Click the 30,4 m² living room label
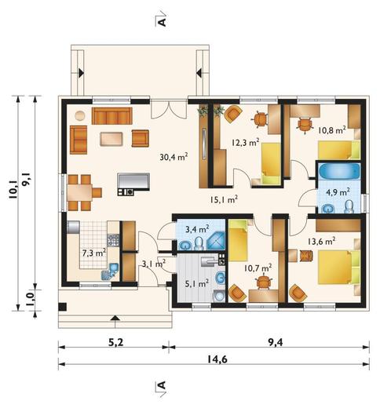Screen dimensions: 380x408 [174, 157]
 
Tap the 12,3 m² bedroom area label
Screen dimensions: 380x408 [246, 142]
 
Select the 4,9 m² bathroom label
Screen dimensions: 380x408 [338, 192]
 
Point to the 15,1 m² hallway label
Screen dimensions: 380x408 [224, 200]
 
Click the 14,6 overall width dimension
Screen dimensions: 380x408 [217, 359]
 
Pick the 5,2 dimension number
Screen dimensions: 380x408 [115, 342]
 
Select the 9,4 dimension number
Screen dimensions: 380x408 [276, 342]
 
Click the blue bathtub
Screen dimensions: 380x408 [339, 172]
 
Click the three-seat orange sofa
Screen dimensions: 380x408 [111, 115]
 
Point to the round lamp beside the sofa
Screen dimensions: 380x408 [80, 115]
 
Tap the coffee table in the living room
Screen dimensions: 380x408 [111, 139]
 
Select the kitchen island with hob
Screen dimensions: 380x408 [133, 184]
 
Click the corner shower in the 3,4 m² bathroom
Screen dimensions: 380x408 [216, 241]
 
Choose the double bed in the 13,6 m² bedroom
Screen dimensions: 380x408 [339, 268]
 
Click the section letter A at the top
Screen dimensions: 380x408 [163, 22]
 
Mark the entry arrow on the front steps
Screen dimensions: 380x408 [115, 318]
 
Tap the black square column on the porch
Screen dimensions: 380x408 [62, 307]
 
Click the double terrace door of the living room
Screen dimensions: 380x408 [169, 108]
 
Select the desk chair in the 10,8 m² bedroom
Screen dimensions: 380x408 [305, 125]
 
